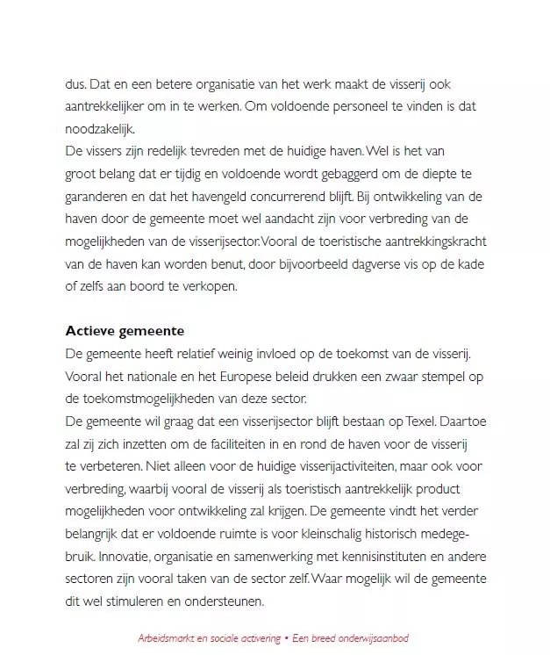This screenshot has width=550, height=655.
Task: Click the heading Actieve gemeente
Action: [x=124, y=331]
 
